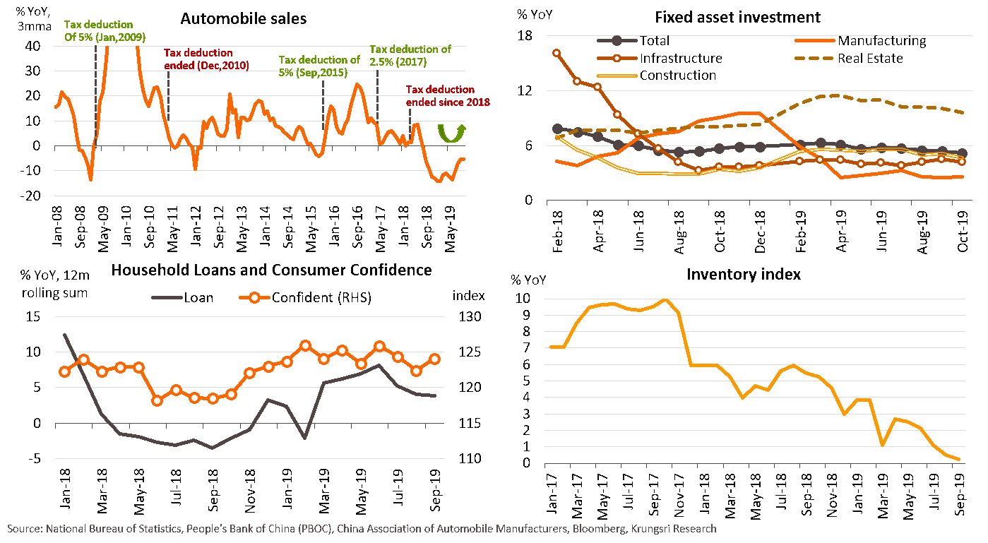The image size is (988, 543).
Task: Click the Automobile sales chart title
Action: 244,19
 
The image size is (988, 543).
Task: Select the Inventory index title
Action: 744,274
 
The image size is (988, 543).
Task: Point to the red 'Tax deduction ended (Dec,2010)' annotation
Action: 198,59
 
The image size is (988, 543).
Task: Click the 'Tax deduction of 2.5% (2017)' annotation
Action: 410,55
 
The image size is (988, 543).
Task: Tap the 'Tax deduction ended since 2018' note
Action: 448,96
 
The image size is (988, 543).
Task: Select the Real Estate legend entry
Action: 869,59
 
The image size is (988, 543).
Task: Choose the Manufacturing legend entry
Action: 881,41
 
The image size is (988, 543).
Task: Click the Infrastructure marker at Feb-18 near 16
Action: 557,53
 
